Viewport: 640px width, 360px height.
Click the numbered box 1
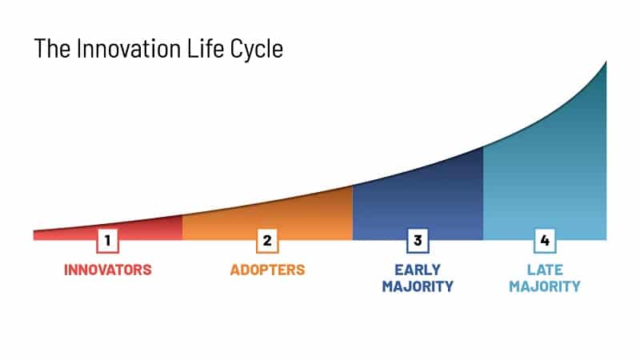coord(108,240)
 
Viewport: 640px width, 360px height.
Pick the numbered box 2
coord(267,240)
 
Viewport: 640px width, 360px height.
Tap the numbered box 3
coord(417,240)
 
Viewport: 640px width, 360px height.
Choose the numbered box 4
coord(545,240)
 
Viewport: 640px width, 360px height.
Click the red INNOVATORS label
coord(108,270)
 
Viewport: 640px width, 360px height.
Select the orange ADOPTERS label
coord(267,270)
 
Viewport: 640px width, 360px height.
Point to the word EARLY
coord(417,270)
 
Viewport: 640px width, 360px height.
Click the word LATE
coord(545,270)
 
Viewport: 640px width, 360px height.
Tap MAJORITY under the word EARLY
coord(417,286)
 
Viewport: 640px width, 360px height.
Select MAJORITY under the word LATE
coord(545,286)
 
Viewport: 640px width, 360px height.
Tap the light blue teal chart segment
coord(552,176)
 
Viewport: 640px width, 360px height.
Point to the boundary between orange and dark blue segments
coord(353,213)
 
